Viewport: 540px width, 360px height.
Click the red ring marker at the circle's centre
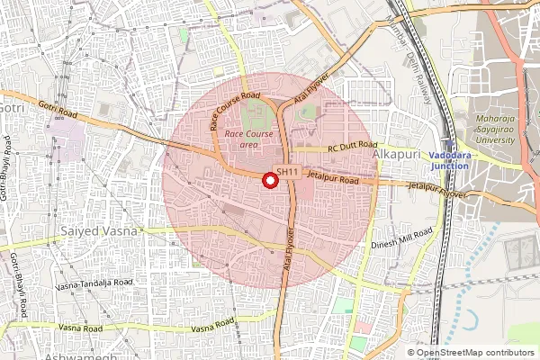(x=268, y=181)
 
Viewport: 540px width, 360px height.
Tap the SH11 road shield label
(x=287, y=172)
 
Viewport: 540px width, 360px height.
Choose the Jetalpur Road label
(x=333, y=180)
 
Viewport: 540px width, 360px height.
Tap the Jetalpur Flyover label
(x=437, y=189)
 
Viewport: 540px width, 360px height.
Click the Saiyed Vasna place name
(x=99, y=232)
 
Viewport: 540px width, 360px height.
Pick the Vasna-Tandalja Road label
(x=94, y=283)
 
